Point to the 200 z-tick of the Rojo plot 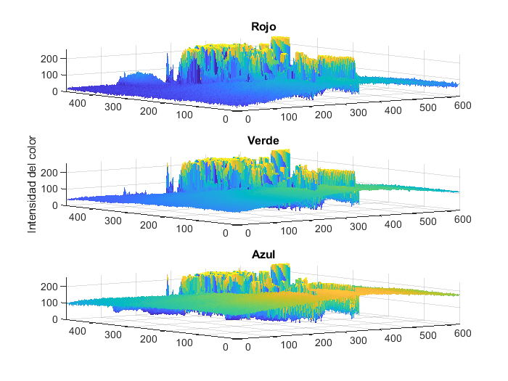[x=52, y=59]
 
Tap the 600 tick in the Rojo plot [x=462, y=106]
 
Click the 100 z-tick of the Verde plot [x=52, y=189]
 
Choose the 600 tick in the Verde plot [x=462, y=220]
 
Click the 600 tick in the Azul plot [x=462, y=333]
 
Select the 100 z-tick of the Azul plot [x=52, y=303]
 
